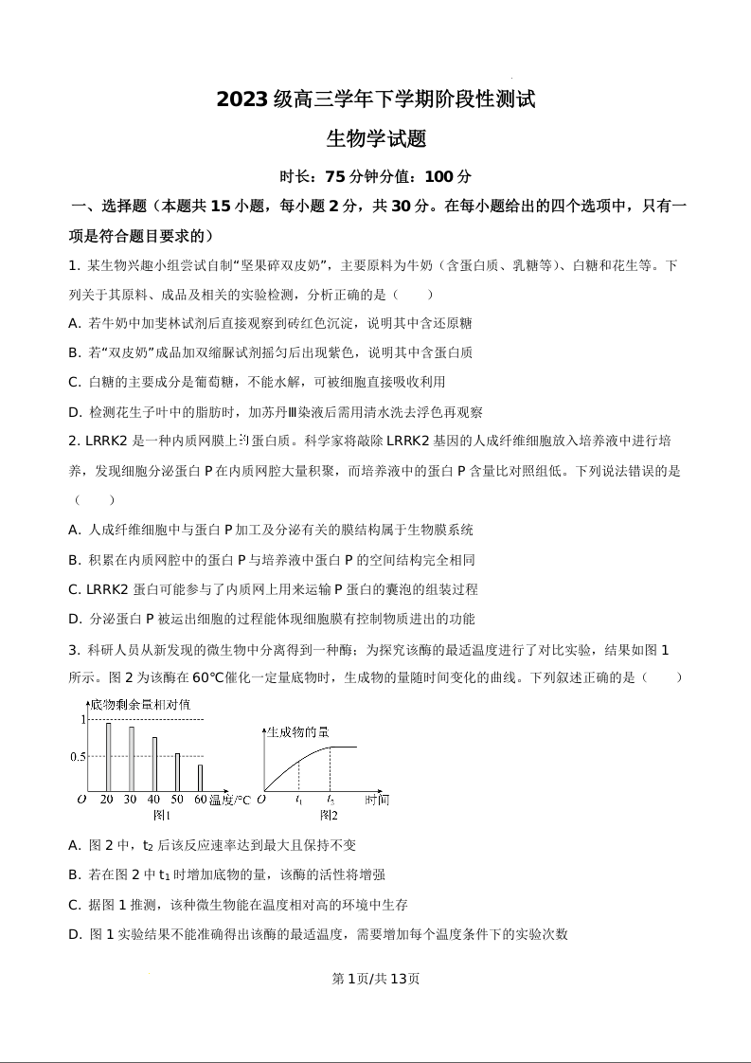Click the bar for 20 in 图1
108,757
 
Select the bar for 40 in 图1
154,764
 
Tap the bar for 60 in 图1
200,778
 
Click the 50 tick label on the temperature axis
176,801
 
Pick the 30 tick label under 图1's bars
131,801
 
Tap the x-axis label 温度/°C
230,801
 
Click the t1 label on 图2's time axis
299,801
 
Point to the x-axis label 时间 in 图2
376,801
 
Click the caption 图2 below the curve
329,815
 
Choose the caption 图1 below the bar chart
162,815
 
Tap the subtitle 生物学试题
376,139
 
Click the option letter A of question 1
74,323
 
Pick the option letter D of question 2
74,619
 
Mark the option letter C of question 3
74,905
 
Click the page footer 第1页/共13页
376,979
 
